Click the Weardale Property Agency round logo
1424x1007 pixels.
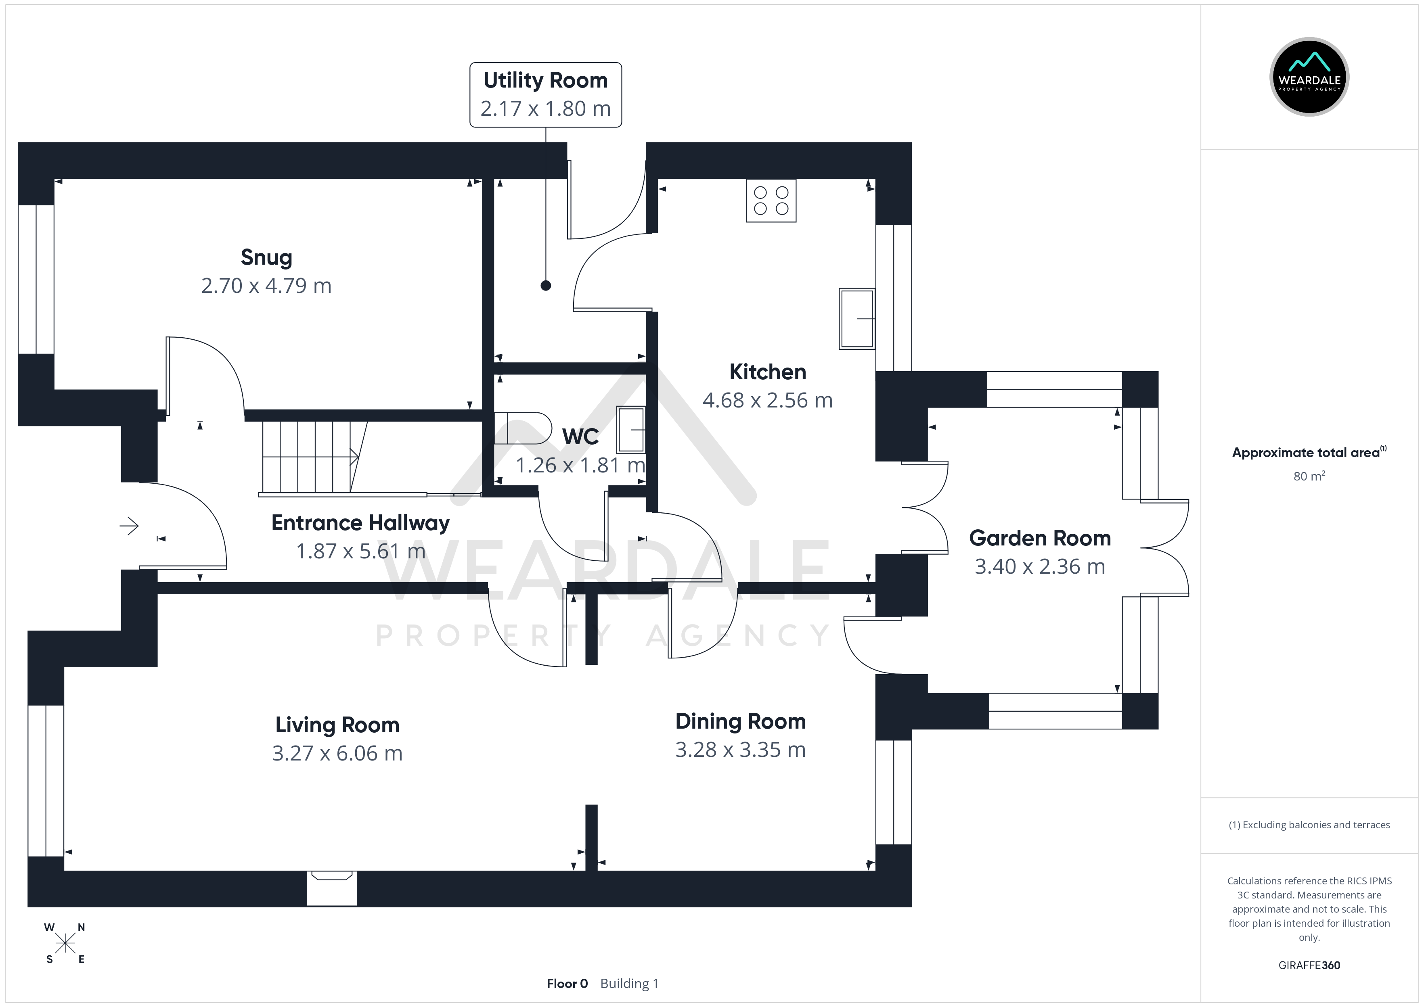1309,77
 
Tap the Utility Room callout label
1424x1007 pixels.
545,94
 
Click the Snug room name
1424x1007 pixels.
266,257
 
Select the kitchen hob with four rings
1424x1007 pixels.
771,200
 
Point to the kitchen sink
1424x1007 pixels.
856,318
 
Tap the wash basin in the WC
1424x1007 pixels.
631,429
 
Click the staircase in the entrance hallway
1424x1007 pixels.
310,457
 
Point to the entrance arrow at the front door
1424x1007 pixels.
129,526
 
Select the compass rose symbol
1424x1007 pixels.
65,943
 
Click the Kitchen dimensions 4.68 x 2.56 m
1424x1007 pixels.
767,401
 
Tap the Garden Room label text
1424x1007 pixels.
1039,538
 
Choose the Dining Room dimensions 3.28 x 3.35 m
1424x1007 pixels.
740,750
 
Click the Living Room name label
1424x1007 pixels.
337,725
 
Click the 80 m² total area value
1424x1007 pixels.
1309,476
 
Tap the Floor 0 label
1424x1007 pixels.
567,984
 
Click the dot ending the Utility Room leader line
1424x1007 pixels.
546,286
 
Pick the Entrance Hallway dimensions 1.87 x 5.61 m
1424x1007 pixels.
360,551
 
